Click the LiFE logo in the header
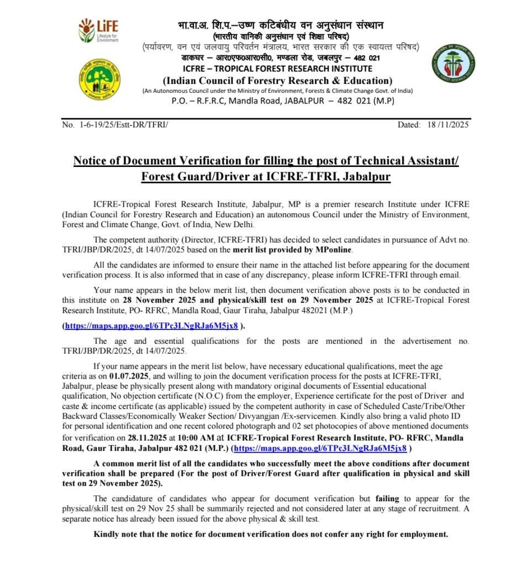click(x=98, y=30)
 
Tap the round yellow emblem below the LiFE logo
click(x=99, y=78)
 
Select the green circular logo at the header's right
click(x=452, y=63)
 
